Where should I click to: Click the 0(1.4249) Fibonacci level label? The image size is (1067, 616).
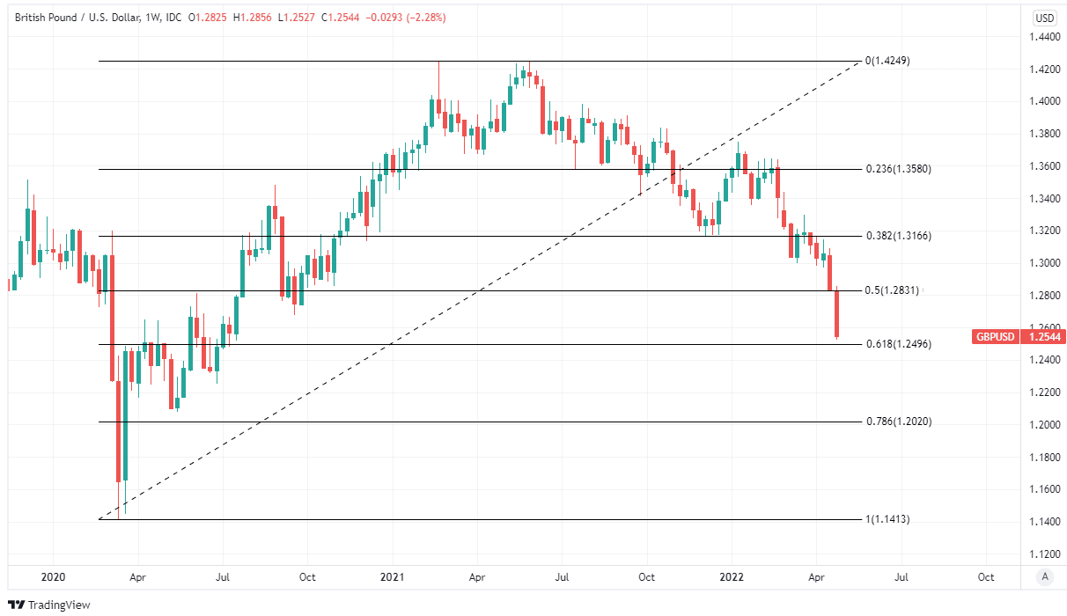[887, 61]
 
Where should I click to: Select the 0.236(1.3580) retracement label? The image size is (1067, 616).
[897, 168]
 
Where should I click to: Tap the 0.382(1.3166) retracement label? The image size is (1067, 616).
[897, 236]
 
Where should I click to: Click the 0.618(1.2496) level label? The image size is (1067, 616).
[897, 344]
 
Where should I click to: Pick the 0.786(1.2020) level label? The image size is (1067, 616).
[897, 422]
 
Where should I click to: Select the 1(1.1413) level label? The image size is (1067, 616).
[887, 519]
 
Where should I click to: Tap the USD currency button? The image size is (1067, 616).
[1044, 18]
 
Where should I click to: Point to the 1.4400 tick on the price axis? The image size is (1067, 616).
[1044, 37]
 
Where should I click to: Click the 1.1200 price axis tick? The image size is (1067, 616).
[1044, 554]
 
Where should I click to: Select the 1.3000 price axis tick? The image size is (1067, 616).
[1044, 263]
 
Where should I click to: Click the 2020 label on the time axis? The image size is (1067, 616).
[53, 577]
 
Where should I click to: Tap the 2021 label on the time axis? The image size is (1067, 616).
[392, 577]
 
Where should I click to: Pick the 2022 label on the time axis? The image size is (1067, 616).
[731, 577]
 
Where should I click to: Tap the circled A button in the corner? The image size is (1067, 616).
[1044, 577]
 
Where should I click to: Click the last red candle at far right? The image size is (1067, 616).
[837, 313]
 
